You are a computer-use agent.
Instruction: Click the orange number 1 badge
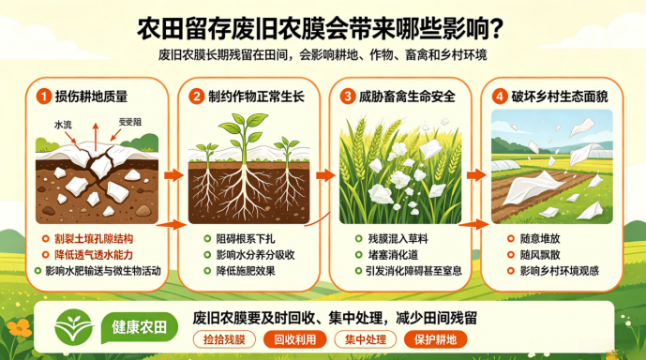click(44, 97)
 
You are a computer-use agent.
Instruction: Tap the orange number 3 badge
click(348, 97)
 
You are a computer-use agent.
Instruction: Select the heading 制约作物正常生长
click(256, 97)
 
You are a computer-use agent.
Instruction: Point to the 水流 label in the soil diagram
click(63, 125)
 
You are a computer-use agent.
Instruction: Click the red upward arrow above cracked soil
click(96, 137)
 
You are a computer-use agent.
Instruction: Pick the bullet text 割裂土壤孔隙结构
click(94, 239)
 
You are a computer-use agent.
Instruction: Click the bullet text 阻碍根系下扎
click(246, 239)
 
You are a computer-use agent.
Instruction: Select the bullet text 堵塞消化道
click(393, 255)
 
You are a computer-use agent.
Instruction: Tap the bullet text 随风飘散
click(540, 255)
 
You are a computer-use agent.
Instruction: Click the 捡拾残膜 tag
click(224, 339)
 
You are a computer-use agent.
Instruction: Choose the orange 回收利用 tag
click(295, 339)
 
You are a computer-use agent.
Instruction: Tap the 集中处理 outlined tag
click(366, 339)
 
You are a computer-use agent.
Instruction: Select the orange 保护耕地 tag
click(435, 339)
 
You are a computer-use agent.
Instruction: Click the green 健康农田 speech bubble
click(140, 328)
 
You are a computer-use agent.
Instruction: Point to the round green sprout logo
click(74, 327)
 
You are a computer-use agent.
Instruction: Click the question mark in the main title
click(497, 29)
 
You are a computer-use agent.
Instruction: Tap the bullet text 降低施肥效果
click(246, 271)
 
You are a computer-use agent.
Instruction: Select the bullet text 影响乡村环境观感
click(560, 271)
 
